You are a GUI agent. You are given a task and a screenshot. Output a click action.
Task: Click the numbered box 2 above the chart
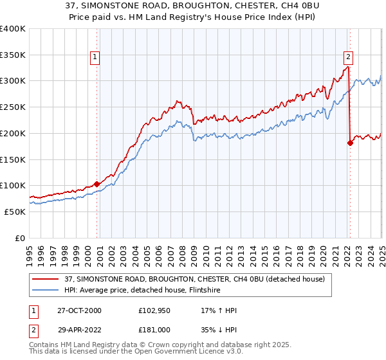pyautogui.click(x=347, y=56)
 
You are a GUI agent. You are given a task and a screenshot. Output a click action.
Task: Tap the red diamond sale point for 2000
pyautogui.click(x=97, y=184)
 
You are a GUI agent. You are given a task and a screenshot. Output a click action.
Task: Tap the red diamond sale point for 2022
pyautogui.click(x=350, y=143)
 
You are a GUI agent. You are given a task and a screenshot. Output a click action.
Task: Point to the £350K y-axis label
pyautogui.click(x=13, y=55)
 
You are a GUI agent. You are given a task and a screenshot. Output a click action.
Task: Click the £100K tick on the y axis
pyautogui.click(x=13, y=186)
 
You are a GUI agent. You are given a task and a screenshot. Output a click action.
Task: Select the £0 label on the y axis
pyautogui.click(x=21, y=238)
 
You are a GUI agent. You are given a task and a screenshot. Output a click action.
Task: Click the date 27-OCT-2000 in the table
pyautogui.click(x=80, y=310)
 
